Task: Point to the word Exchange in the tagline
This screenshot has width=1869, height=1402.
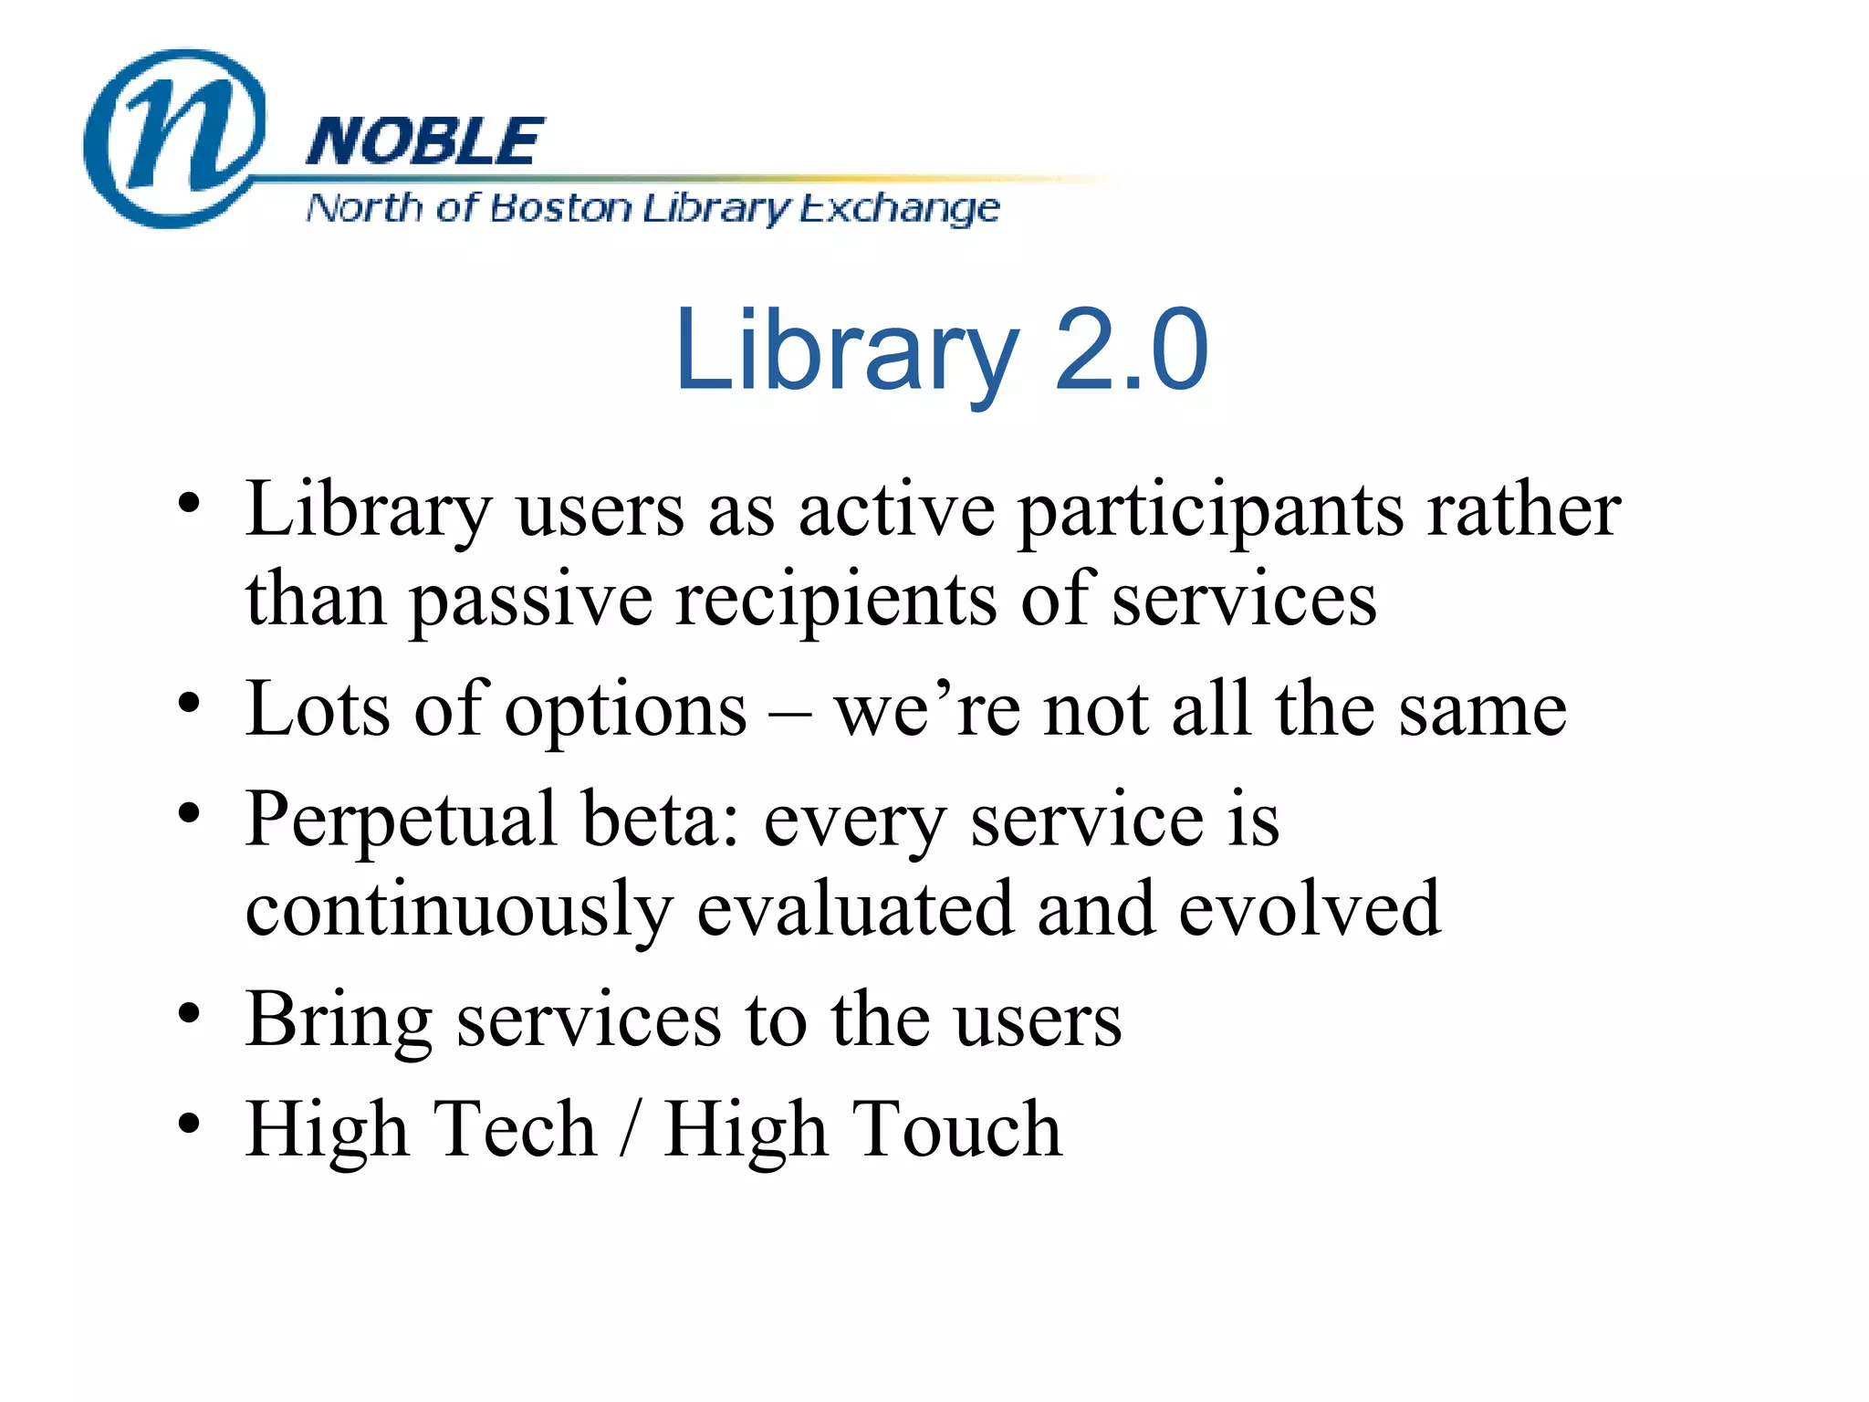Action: point(900,210)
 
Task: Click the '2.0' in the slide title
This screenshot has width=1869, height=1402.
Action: point(1132,350)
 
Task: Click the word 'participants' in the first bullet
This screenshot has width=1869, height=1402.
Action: point(1210,511)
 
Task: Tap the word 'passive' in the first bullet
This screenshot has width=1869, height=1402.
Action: point(530,602)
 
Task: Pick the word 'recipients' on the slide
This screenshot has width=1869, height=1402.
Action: point(836,601)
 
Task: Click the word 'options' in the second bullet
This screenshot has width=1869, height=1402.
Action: point(626,712)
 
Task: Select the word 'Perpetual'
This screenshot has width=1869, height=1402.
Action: point(402,821)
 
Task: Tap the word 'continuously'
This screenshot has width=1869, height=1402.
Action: point(459,911)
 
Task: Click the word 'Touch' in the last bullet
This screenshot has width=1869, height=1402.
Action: point(956,1129)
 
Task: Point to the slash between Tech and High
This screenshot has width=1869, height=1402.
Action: point(628,1130)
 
